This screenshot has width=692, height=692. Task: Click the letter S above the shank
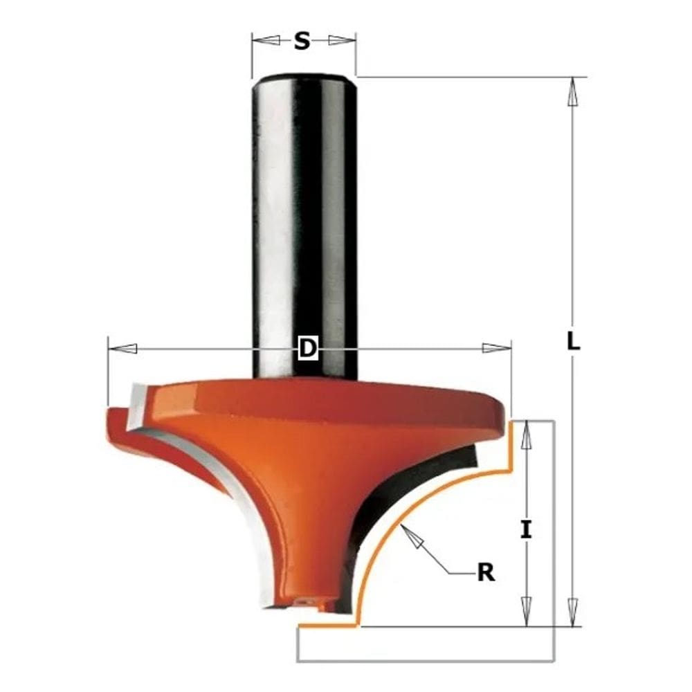click(x=302, y=42)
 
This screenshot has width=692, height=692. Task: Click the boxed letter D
click(x=307, y=349)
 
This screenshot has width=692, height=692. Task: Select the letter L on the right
click(x=573, y=341)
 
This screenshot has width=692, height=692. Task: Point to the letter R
click(x=486, y=573)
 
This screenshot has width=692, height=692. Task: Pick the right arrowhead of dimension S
click(x=340, y=41)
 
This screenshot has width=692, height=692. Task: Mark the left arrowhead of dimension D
click(x=123, y=348)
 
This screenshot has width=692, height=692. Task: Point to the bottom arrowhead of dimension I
click(x=527, y=612)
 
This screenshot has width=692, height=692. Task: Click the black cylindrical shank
click(x=304, y=208)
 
